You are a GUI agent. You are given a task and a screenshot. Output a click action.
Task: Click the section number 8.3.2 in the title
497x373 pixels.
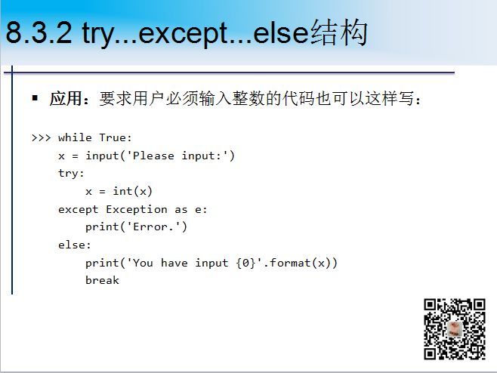coord(39,32)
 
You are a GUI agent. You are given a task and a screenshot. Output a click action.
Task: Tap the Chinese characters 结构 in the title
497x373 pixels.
coord(338,32)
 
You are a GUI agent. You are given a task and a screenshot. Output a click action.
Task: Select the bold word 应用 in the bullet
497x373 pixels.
coord(66,98)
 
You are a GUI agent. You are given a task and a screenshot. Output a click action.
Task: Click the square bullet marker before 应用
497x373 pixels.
coord(35,97)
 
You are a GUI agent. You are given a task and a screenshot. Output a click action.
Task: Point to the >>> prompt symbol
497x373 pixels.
coord(42,138)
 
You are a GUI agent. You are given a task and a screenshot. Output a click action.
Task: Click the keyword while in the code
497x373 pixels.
coord(75,137)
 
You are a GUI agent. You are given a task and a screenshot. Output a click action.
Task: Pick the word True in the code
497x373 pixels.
coord(113,137)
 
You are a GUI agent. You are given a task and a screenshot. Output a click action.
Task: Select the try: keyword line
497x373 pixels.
coord(71,174)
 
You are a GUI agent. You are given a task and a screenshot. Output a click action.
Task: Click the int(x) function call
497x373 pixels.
coord(132,191)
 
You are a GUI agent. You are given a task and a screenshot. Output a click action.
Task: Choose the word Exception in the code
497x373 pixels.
coord(137,209)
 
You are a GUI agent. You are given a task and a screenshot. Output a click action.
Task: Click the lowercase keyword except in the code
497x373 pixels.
coord(79,210)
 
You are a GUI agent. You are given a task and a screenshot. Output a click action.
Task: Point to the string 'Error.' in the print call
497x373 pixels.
coord(153,227)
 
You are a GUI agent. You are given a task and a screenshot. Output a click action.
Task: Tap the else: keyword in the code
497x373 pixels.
coord(75,245)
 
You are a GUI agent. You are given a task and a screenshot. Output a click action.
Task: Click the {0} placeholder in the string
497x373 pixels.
coord(245,263)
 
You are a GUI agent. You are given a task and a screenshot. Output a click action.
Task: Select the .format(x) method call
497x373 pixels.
coord(300,263)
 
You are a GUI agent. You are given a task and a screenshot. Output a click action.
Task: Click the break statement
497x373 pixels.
coord(103,280)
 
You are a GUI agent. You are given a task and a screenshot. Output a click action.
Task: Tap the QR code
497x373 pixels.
coord(455,329)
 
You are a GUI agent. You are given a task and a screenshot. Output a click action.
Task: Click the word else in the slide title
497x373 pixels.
coord(281,32)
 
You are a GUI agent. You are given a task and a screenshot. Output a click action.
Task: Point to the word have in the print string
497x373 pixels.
coord(174,263)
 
